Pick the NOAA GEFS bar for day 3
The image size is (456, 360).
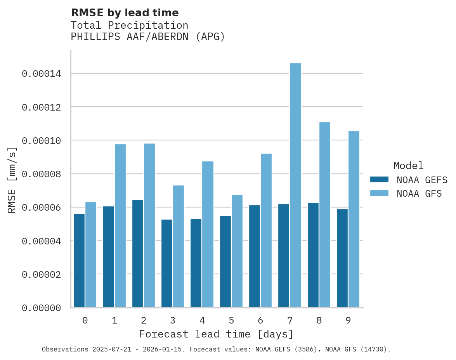coord(167,263)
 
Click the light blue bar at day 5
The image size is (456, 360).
coord(237,251)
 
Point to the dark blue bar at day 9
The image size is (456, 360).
coord(342,258)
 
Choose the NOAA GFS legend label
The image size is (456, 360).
coord(419,193)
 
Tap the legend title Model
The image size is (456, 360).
coord(408,166)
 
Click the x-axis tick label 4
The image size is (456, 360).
coord(202,320)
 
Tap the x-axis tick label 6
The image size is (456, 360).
coord(260,320)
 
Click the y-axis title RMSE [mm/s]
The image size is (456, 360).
coord(12,180)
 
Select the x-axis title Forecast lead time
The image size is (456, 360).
coord(216,334)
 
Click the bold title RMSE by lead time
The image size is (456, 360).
coord(125,13)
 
